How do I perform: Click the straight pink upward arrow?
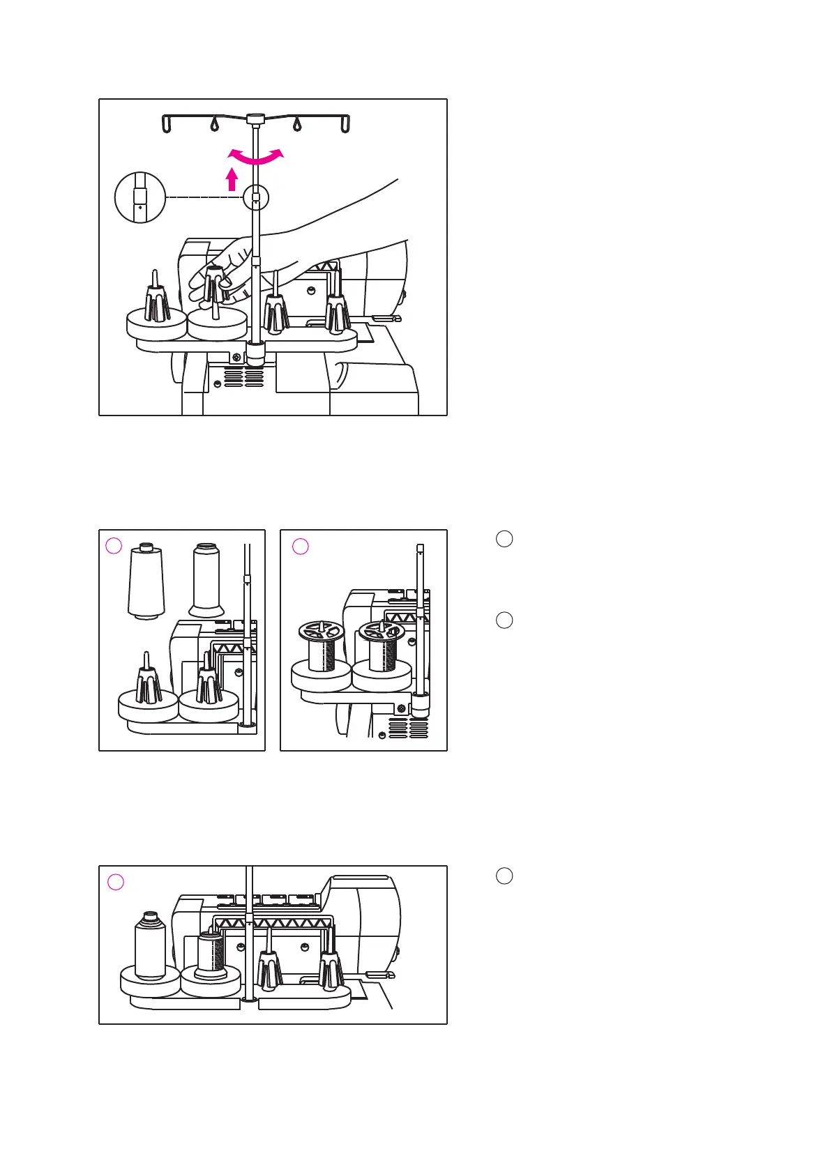click(232, 180)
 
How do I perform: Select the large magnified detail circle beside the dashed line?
click(139, 197)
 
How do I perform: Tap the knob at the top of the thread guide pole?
click(256, 119)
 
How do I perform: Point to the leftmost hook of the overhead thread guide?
click(167, 124)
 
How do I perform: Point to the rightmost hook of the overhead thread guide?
click(345, 124)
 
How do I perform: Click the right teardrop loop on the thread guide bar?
click(297, 125)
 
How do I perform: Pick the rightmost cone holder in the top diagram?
click(337, 307)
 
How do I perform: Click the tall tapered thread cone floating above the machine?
click(146, 581)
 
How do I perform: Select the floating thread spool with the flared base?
click(206, 581)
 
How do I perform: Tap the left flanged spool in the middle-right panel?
click(322, 647)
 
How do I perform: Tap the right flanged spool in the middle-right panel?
click(381, 647)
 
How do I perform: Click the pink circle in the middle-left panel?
click(114, 546)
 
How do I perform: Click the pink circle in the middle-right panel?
click(301, 546)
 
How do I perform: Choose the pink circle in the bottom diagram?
click(116, 882)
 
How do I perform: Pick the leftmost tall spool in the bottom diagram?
click(149, 945)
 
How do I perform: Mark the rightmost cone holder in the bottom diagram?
click(330, 966)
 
